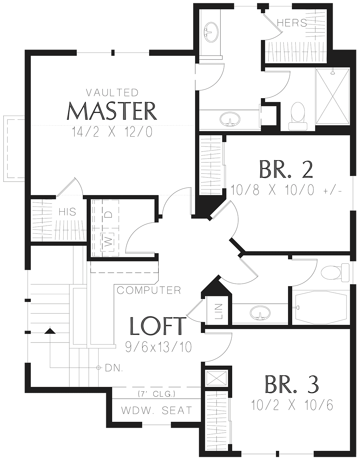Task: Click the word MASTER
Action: click(x=112, y=111)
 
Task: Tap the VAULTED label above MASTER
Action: click(x=112, y=92)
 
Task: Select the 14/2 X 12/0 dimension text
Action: click(x=112, y=132)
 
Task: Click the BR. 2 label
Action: click(x=286, y=169)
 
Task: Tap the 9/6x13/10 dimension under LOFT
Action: click(x=158, y=347)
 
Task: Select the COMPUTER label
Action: click(x=149, y=290)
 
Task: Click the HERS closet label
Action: click(x=292, y=23)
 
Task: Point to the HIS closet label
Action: click(x=67, y=212)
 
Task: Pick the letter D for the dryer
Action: click(x=108, y=215)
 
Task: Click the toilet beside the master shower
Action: click(x=298, y=116)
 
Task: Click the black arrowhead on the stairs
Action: click(x=50, y=331)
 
